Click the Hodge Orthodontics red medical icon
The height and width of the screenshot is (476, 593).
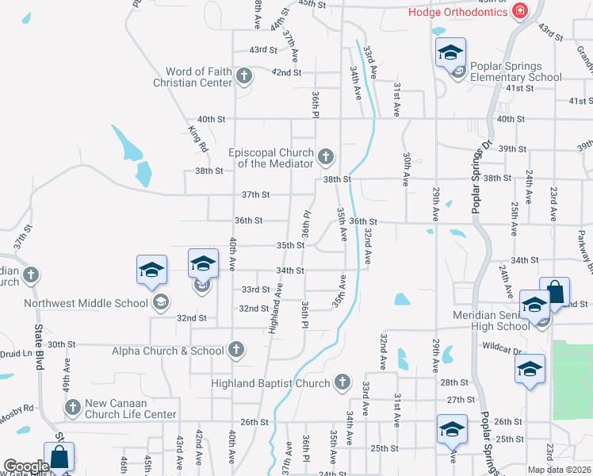click(x=519, y=11)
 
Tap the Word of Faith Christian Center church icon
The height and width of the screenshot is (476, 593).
click(x=244, y=76)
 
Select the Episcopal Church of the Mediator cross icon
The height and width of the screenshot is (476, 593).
click(x=325, y=157)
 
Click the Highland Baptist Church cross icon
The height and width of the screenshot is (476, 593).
click(x=342, y=383)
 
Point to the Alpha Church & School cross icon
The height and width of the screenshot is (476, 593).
click(x=235, y=349)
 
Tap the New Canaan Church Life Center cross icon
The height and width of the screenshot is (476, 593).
click(x=72, y=408)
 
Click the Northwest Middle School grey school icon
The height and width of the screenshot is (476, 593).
click(x=161, y=302)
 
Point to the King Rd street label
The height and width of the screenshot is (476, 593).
click(x=198, y=140)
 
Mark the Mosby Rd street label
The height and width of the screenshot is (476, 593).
click(x=17, y=409)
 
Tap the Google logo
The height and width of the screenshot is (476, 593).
click(x=25, y=466)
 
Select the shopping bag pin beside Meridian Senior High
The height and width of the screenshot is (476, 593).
click(x=555, y=292)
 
